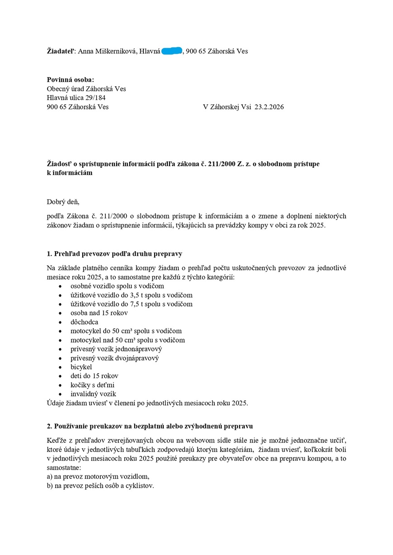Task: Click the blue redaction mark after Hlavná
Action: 172,51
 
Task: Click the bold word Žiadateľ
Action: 62,51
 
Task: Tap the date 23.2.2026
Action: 269,107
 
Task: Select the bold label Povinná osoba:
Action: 71,80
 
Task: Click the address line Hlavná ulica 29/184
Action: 76,98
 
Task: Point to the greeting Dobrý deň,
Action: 63,202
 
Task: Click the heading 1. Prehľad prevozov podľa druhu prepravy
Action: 114,253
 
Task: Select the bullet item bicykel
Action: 81,367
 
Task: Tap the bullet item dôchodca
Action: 84,322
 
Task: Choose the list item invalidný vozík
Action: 93,394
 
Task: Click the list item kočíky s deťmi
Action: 92,385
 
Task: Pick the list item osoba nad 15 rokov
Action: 99,313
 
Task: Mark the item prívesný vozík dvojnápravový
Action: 114,358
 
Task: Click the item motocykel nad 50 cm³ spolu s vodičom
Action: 128,340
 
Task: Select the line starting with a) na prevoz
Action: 98,476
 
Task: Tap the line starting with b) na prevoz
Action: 100,486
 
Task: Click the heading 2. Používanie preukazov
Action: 150,426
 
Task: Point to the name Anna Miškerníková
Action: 107,51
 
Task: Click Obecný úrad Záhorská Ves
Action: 86,89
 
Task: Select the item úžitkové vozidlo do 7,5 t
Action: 131,304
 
